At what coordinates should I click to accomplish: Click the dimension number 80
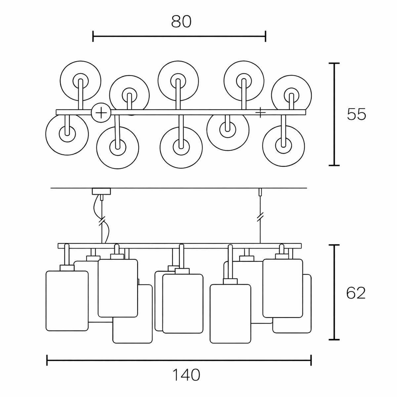point(181,22)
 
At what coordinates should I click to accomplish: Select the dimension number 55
point(356,114)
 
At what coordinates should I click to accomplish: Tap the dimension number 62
point(356,293)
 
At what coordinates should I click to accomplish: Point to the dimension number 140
point(186,375)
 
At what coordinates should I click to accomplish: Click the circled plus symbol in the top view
point(101,113)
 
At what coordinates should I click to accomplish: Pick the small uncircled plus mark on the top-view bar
point(261,113)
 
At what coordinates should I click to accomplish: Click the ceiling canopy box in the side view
point(102,191)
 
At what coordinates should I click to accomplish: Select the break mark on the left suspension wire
point(102,220)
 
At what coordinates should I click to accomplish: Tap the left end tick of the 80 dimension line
point(93,36)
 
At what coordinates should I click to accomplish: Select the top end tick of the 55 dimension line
point(335,63)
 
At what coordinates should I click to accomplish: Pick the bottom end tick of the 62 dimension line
point(335,339)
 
